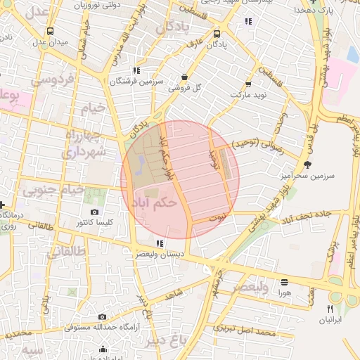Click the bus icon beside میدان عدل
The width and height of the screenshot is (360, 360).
click(50, 32)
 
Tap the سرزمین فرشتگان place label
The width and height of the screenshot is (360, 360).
click(136, 82)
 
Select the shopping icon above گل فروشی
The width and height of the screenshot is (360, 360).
click(184, 77)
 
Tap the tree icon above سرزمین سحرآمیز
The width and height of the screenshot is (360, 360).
click(307, 164)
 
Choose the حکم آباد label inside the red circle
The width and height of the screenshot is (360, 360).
click(153, 203)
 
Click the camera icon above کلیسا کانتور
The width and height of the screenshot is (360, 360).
click(95, 212)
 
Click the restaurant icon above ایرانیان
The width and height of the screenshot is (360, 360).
click(329, 309)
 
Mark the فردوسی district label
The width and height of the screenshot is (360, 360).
click(51, 80)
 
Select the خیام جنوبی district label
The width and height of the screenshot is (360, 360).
click(53, 190)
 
